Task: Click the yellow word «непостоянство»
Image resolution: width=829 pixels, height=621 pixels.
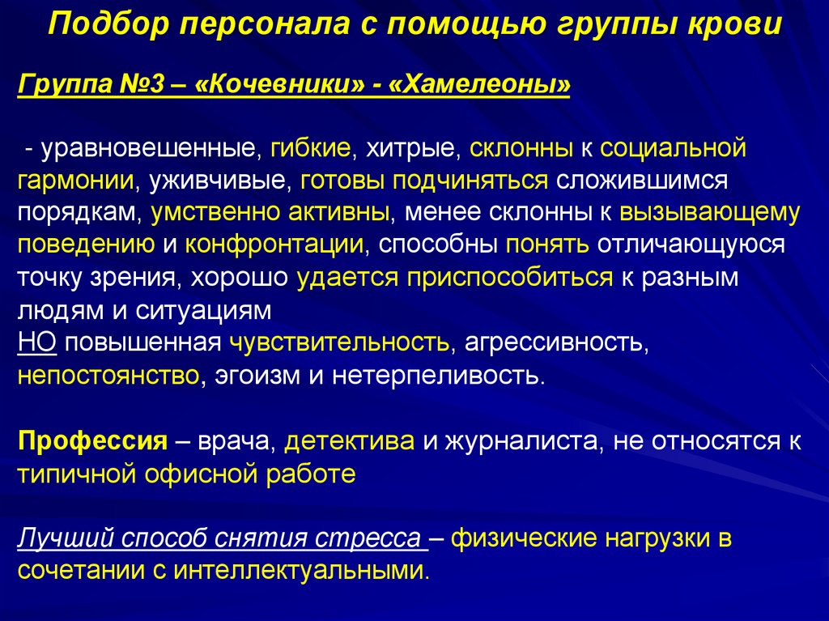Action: tap(108, 376)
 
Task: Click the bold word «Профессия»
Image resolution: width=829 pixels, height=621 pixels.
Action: tap(91, 441)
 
